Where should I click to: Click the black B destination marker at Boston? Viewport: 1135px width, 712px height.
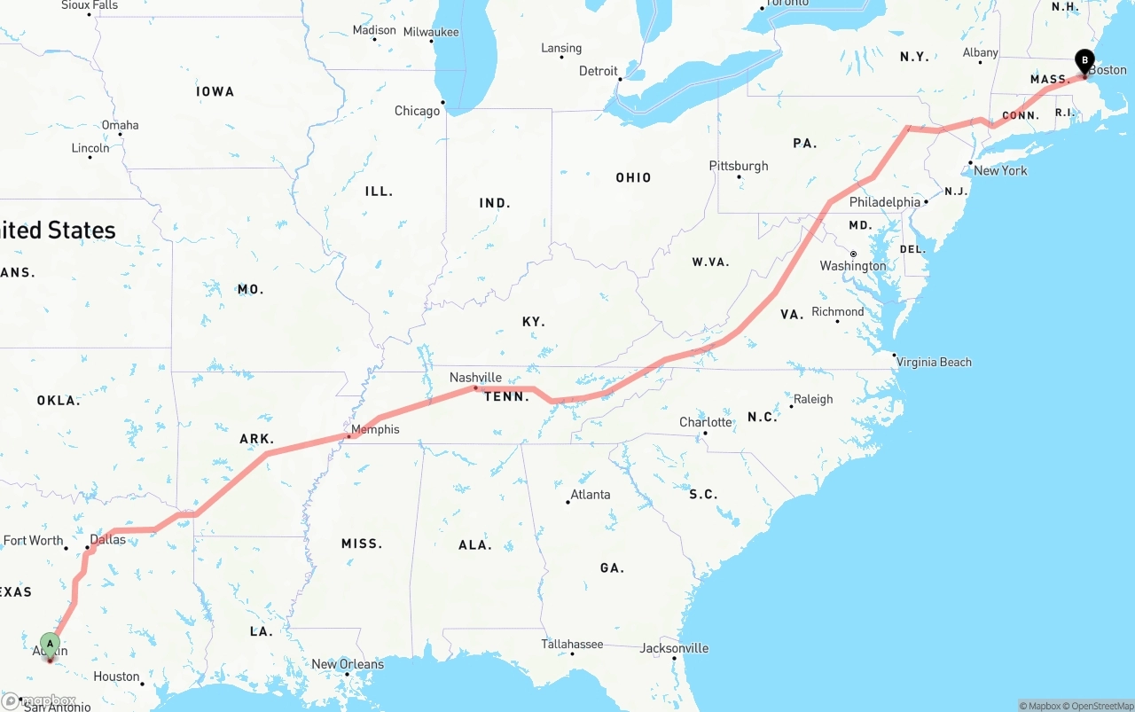(1084, 61)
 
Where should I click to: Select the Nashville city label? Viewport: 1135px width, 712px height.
(475, 378)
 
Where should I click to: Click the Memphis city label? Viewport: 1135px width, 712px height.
(375, 430)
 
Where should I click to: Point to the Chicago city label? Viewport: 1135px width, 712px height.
(417, 111)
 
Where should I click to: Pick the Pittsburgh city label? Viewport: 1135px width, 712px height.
(739, 166)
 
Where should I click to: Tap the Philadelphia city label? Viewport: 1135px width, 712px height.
(885, 202)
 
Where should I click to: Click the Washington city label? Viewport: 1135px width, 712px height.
(853, 266)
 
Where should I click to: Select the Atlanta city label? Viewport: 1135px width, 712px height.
(590, 495)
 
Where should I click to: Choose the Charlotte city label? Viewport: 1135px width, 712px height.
(706, 422)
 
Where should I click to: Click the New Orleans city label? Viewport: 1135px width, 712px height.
(348, 664)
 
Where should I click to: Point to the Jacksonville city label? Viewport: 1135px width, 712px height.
(674, 648)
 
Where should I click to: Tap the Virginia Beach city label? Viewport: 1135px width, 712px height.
(934, 362)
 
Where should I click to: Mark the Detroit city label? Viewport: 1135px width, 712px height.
(599, 71)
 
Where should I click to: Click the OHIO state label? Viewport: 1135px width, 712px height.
(633, 178)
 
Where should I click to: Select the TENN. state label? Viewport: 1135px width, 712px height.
(506, 396)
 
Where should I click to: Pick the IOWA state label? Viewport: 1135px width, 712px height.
(215, 91)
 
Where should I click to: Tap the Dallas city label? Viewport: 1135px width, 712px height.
(108, 539)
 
